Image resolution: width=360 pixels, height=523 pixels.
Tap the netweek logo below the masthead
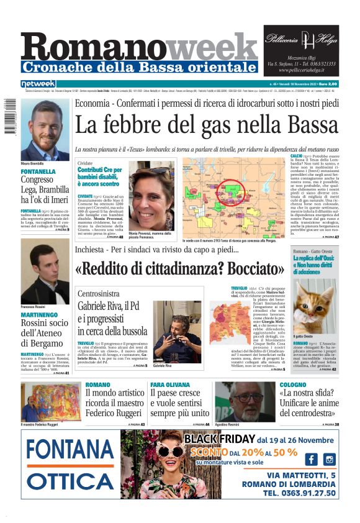[x=38, y=84]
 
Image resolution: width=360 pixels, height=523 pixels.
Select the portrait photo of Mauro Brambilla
[x=45, y=130]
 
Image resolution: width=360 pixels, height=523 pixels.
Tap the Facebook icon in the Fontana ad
[x=310, y=459]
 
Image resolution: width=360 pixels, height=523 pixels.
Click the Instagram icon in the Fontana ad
[x=330, y=459]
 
